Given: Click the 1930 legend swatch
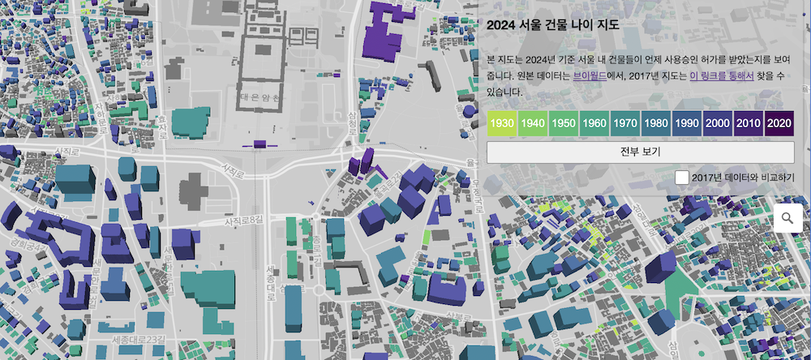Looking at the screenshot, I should click(x=503, y=124).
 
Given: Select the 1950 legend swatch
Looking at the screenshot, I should click(x=564, y=124).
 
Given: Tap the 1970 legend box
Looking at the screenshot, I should click(x=624, y=124).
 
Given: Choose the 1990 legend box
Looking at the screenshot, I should click(x=686, y=124).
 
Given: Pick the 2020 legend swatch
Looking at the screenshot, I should click(x=778, y=124).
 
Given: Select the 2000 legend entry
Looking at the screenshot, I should click(x=717, y=124).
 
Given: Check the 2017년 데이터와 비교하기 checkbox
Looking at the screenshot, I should click(x=683, y=177).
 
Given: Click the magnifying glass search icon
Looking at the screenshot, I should click(x=787, y=217).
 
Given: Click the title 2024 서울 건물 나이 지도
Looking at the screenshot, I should click(x=553, y=24).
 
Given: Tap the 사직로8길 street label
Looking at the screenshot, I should click(x=244, y=221).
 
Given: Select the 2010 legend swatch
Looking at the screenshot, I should click(x=748, y=124).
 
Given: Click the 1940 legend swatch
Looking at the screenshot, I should click(x=533, y=124).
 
